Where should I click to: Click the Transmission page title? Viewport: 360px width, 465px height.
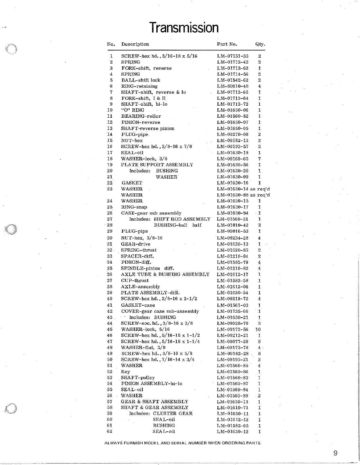pyautogui.click(x=184, y=28)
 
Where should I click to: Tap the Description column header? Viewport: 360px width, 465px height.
pyautogui.click(x=135, y=44)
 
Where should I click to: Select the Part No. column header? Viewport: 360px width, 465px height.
pyautogui.click(x=227, y=44)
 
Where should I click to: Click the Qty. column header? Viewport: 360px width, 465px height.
pyautogui.click(x=260, y=44)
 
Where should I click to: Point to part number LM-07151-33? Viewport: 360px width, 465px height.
pyautogui.click(x=232, y=56)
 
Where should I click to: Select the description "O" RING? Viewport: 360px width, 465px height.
pyautogui.click(x=133, y=110)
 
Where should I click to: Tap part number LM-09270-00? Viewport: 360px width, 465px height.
pyautogui.click(x=232, y=134)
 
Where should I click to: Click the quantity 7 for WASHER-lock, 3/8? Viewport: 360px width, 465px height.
pyautogui.click(x=260, y=159)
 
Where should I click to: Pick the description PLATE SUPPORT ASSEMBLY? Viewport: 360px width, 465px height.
pyautogui.click(x=157, y=165)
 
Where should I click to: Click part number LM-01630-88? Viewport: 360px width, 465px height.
pyautogui.click(x=232, y=195)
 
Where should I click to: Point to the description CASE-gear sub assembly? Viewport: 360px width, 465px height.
pyautogui.click(x=151, y=213)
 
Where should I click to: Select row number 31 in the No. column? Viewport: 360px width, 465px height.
pyautogui.click(x=110, y=244)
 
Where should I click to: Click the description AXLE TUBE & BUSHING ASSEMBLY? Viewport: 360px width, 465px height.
pyautogui.click(x=165, y=274)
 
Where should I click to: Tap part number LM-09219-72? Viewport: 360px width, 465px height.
pyautogui.click(x=232, y=299)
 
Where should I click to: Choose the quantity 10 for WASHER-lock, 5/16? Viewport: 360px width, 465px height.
pyautogui.click(x=258, y=330)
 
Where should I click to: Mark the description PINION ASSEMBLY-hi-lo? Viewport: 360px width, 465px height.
pyautogui.click(x=151, y=383)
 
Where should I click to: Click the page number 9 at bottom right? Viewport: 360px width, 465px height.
pyautogui.click(x=335, y=453)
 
